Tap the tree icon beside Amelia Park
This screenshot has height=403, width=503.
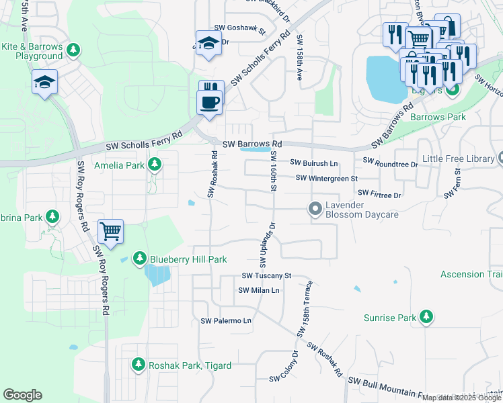point(155,164)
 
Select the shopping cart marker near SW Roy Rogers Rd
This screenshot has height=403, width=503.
point(111,232)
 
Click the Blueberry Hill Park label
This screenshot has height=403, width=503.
point(188,259)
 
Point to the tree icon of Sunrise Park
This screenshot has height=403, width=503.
point(425,316)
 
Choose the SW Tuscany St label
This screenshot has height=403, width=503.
point(266,276)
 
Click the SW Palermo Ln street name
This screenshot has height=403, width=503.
point(226,321)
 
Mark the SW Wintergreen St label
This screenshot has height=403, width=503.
point(327,179)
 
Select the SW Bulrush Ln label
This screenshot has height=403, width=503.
point(313,163)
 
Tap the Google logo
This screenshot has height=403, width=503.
point(22,395)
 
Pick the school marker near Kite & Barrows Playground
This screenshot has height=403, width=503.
point(44,83)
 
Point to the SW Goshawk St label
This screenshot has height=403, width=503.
point(240,29)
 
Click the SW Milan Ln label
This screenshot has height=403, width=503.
point(259,290)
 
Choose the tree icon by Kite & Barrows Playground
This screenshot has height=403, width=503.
point(74,50)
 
